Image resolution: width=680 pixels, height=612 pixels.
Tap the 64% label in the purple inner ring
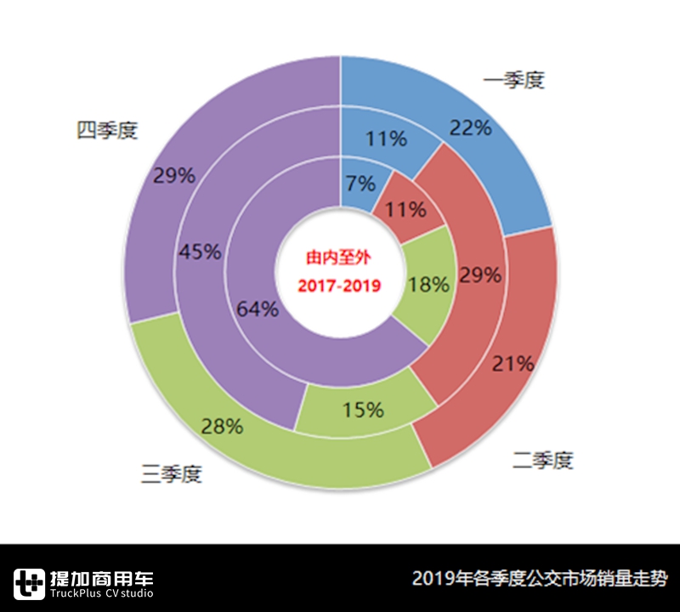(258, 309)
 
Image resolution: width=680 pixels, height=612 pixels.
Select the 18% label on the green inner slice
(428, 285)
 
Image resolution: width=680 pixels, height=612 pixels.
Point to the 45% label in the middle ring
(201, 252)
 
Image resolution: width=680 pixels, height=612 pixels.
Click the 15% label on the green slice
(363, 410)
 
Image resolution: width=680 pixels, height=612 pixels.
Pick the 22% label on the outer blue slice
(471, 127)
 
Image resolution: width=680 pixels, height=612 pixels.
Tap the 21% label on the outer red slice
(513, 364)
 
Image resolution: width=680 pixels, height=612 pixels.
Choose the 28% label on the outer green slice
(223, 427)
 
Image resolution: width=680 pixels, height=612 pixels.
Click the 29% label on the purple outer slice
(175, 176)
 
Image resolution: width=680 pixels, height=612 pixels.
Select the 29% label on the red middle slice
(480, 275)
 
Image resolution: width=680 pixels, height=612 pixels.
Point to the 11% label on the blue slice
(385, 139)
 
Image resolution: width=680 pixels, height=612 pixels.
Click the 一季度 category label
(513, 82)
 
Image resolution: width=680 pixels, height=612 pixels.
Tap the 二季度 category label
(543, 461)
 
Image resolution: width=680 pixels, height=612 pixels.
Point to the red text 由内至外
(339, 255)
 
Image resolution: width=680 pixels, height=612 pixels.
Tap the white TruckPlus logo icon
(31, 582)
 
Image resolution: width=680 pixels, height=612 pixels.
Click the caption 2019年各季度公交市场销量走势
(540, 579)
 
